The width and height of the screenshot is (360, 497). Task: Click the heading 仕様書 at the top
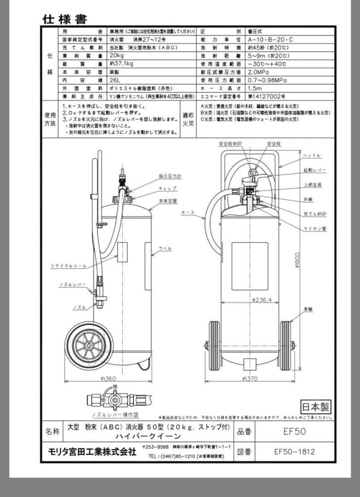pyautogui.click(x=64, y=19)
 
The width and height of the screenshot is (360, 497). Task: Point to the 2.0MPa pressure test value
pyautogui.click(x=258, y=72)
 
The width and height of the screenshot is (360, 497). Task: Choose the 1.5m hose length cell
pyautogui.click(x=255, y=88)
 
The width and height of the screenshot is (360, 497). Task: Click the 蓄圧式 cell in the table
pyautogui.click(x=255, y=31)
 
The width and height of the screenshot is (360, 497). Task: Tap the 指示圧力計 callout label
pyautogui.click(x=170, y=176)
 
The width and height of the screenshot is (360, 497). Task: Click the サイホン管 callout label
pyautogui.click(x=315, y=228)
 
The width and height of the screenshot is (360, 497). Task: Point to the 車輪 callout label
pyautogui.click(x=308, y=309)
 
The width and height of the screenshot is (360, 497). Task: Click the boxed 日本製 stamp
pyautogui.click(x=316, y=406)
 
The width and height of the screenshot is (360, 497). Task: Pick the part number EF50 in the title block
pyautogui.click(x=294, y=432)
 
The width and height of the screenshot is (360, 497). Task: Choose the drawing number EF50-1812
pyautogui.click(x=294, y=451)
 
